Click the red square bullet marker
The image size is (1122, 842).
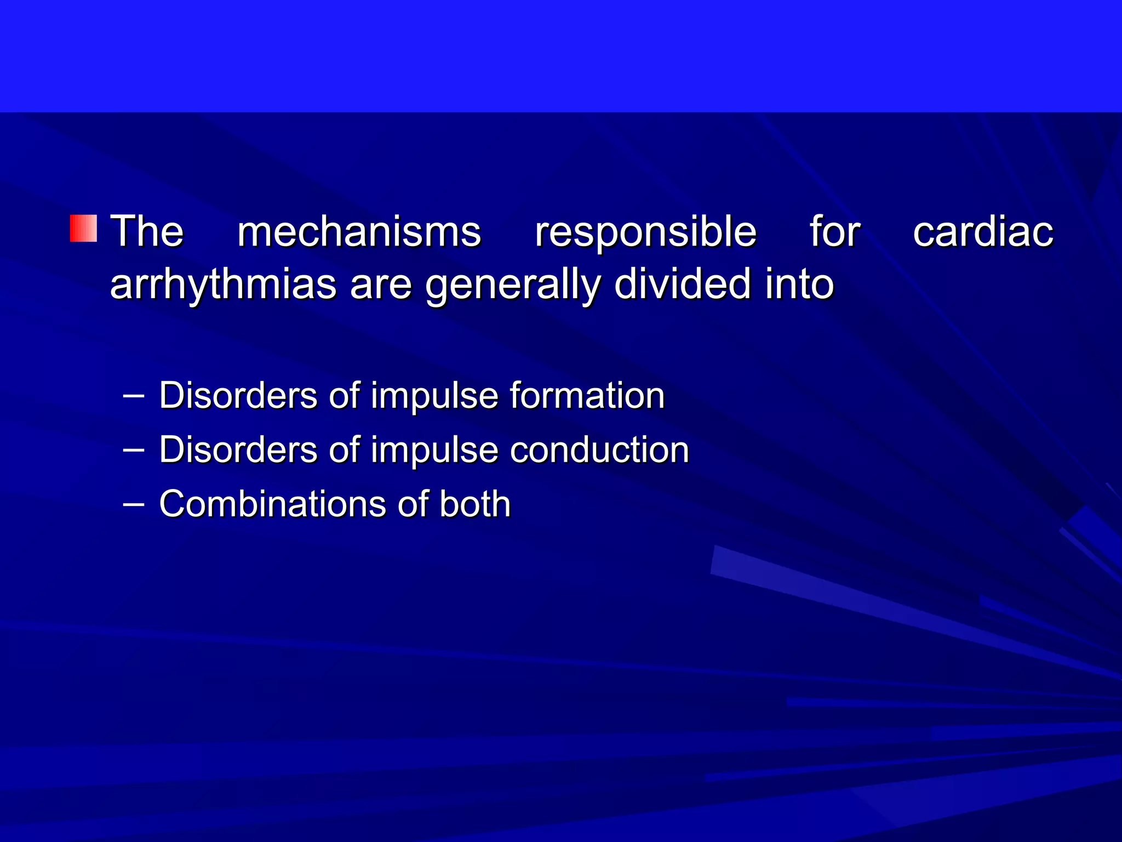(83, 229)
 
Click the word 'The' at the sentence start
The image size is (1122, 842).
(147, 231)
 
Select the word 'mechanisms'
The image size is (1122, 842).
(359, 231)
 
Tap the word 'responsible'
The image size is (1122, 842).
(645, 232)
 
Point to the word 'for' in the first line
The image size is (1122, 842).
(834, 231)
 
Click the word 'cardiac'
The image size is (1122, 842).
(983, 231)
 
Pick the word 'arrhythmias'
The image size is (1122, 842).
(223, 285)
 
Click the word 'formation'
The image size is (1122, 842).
(587, 395)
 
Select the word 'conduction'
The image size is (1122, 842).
(599, 450)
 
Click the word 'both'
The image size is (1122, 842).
(474, 504)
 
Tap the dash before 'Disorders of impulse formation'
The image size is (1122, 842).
(134, 395)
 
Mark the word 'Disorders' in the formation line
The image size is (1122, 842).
(238, 395)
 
